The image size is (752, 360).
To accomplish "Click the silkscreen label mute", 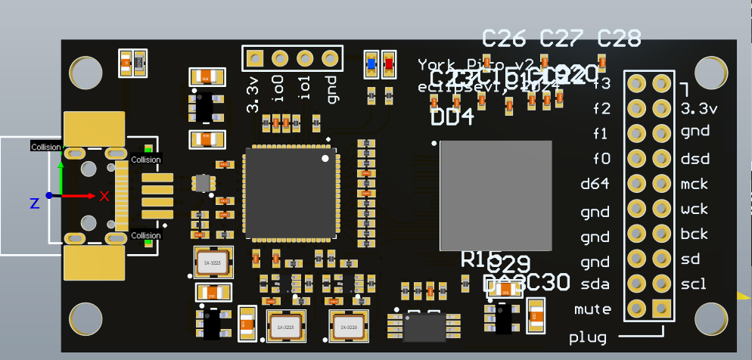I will (592, 309).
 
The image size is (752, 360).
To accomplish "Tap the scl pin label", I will (693, 284).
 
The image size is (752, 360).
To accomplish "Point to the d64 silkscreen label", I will (595, 184).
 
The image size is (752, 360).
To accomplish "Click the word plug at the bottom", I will (588, 337).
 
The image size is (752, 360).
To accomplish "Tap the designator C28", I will (619, 37).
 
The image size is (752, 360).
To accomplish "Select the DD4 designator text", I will (452, 117).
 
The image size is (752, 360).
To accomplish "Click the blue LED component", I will (371, 64).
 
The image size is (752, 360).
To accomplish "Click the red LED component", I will (389, 64).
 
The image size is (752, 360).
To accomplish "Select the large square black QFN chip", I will (291, 193).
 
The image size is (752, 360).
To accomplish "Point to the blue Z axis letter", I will (34, 203).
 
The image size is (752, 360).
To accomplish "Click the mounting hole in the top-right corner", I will (710, 72).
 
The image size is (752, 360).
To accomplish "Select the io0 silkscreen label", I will (280, 88).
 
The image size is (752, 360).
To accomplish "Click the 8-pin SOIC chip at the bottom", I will (423, 327).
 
